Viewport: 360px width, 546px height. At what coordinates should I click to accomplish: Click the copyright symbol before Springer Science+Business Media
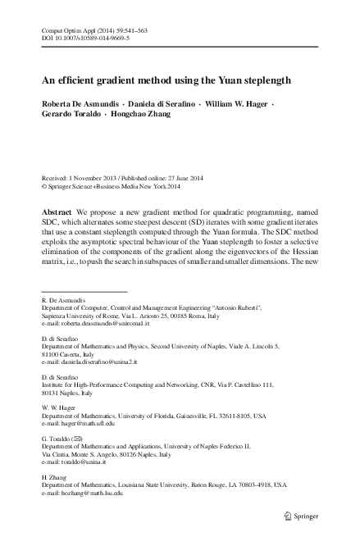pos(44,187)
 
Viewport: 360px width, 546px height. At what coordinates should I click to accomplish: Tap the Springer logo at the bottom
pos(301,515)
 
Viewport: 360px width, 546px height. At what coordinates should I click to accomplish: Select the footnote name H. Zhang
pos(53,476)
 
